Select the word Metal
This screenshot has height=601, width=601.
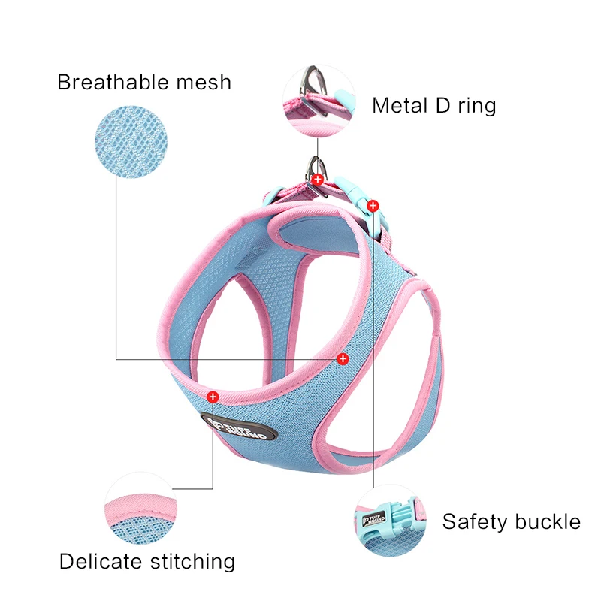point(400,105)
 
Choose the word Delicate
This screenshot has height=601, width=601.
point(104,561)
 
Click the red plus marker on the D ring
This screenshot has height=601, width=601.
point(318,179)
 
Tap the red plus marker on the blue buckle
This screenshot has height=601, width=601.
point(373,204)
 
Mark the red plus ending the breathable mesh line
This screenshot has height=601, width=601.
point(343,358)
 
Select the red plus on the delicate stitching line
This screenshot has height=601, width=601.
point(213,395)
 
